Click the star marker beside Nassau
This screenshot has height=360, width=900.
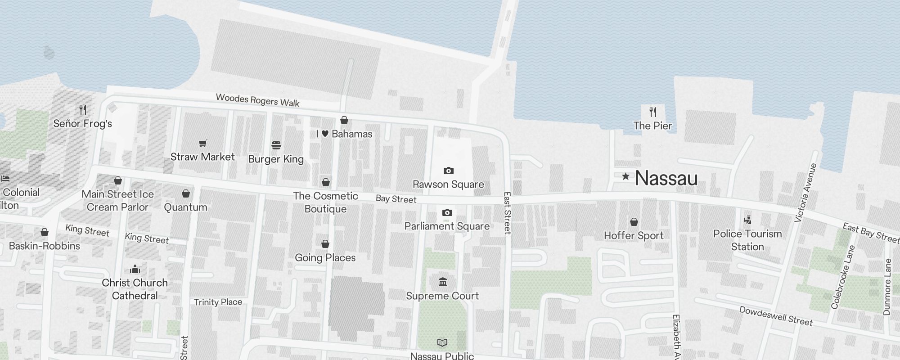(x=625, y=176)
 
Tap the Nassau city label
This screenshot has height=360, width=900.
(x=666, y=178)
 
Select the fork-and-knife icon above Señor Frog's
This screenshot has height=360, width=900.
(x=83, y=109)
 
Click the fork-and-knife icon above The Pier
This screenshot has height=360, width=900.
(x=653, y=112)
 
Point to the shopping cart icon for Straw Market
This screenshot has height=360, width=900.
(x=203, y=143)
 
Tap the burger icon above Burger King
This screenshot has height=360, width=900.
(x=276, y=145)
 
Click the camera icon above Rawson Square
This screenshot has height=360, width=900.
(x=448, y=171)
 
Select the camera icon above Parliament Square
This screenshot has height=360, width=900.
(x=447, y=212)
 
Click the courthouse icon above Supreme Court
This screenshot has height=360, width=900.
(x=443, y=282)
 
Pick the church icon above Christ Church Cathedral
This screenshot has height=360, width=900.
(x=135, y=269)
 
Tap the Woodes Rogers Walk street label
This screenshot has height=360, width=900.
(x=257, y=100)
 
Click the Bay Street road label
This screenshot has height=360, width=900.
(x=396, y=199)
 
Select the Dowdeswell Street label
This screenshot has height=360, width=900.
(x=776, y=316)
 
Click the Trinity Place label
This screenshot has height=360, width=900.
(x=218, y=302)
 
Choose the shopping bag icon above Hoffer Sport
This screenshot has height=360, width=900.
(x=634, y=222)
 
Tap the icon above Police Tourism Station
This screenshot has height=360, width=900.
(x=747, y=220)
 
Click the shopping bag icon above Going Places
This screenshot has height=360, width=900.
(x=325, y=244)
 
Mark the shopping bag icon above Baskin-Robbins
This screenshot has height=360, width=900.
(x=45, y=232)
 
